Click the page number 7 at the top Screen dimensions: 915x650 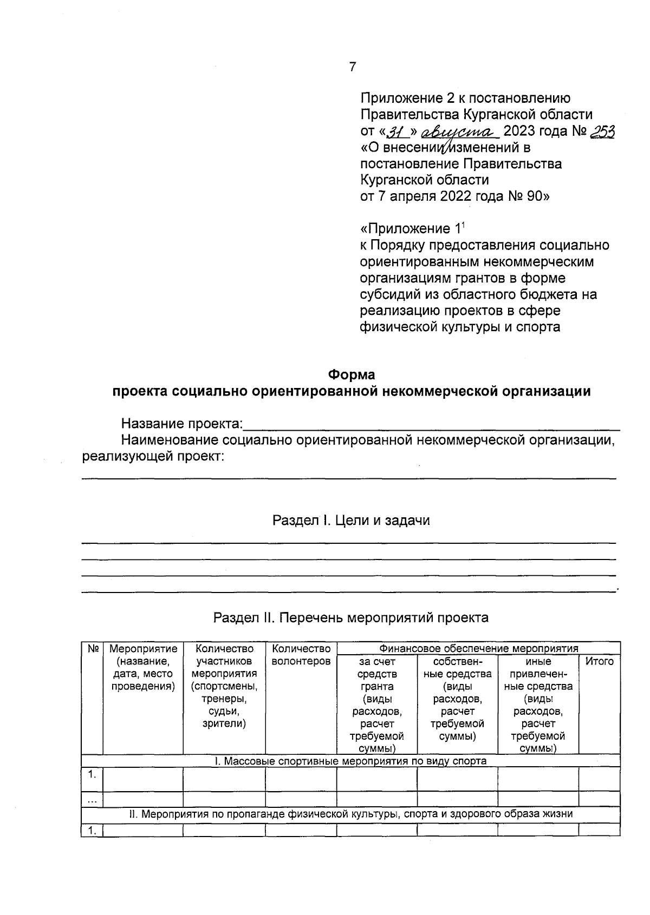tap(353, 67)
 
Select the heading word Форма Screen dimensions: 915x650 tap(352, 374)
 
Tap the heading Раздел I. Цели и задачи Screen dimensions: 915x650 tap(351, 521)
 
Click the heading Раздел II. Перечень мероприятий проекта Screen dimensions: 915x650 tap(351, 617)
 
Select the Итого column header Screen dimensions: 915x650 tap(599, 661)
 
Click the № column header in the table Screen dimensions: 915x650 tap(92, 648)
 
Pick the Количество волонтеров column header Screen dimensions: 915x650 tap(301, 655)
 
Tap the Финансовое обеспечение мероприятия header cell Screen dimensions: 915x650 tap(478, 648)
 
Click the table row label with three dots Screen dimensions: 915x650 tap(92, 799)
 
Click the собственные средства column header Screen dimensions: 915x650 tap(457, 699)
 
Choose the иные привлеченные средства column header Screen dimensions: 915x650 tap(538, 705)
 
